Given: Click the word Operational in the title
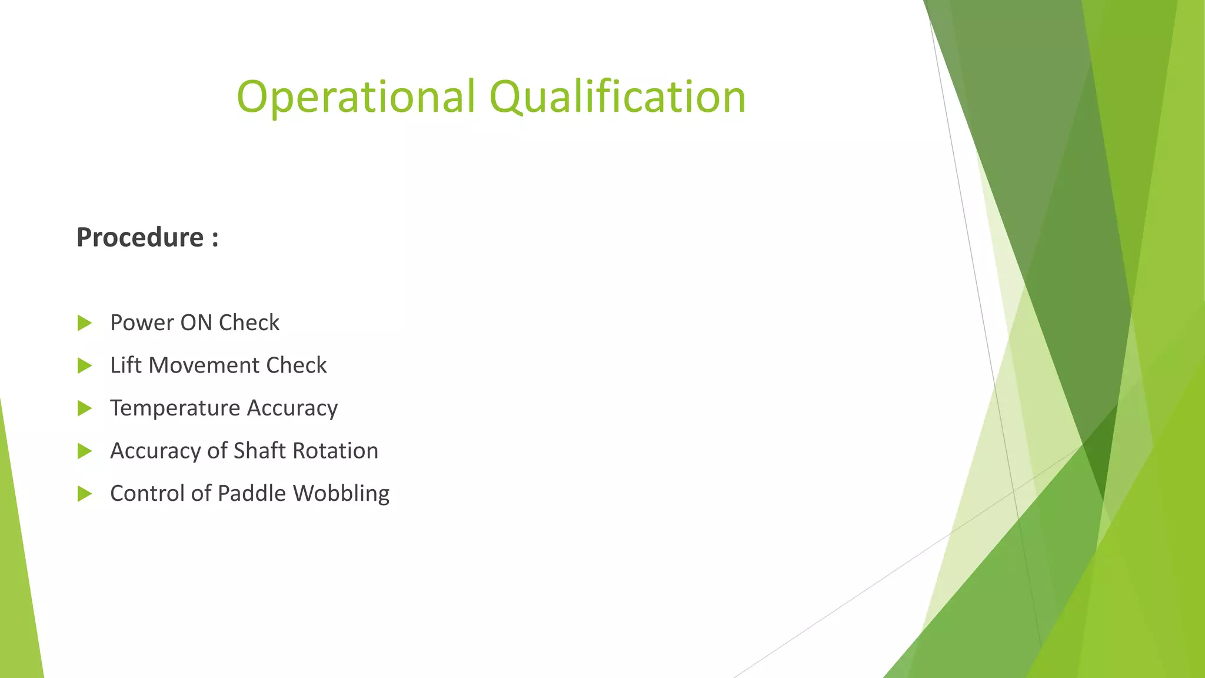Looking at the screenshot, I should (x=355, y=97).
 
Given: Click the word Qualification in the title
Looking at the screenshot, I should (x=617, y=97).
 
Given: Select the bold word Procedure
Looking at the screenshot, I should (x=140, y=238).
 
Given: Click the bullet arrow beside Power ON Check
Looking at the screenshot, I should (x=85, y=323).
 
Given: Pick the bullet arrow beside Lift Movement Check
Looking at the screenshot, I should (x=85, y=366).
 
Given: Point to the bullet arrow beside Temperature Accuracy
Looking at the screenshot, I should (x=85, y=408).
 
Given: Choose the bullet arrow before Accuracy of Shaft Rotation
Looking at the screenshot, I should (x=85, y=451).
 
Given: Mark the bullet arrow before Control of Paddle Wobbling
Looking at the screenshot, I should (x=85, y=494).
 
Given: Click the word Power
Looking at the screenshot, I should (x=142, y=323).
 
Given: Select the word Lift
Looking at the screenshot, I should (x=126, y=365).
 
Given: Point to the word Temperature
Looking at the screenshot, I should (x=175, y=408).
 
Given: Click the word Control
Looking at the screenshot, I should (x=147, y=493).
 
